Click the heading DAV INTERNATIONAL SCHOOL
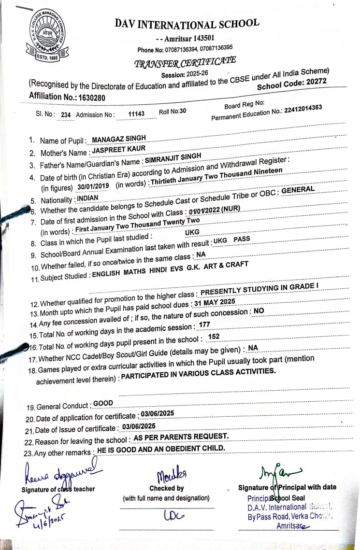187,24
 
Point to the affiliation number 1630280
89,97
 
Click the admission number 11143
136,114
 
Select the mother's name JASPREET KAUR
119,150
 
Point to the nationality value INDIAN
87,198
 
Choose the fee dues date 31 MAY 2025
214,302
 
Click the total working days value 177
204,325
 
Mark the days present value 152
213,337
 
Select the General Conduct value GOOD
103,403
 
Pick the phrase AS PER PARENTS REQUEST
180,437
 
